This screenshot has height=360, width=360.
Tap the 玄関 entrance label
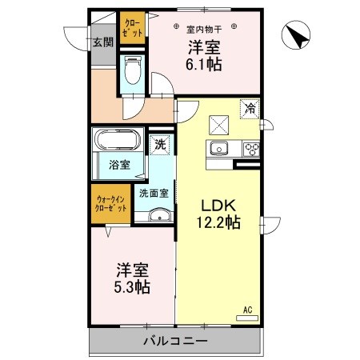(101, 43)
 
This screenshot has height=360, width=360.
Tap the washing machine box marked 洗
(160, 146)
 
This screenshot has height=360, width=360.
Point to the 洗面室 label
(154, 193)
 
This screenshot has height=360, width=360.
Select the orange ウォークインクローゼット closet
(110, 203)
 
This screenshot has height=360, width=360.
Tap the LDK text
(213, 205)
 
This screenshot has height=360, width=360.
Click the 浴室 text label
(121, 167)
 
